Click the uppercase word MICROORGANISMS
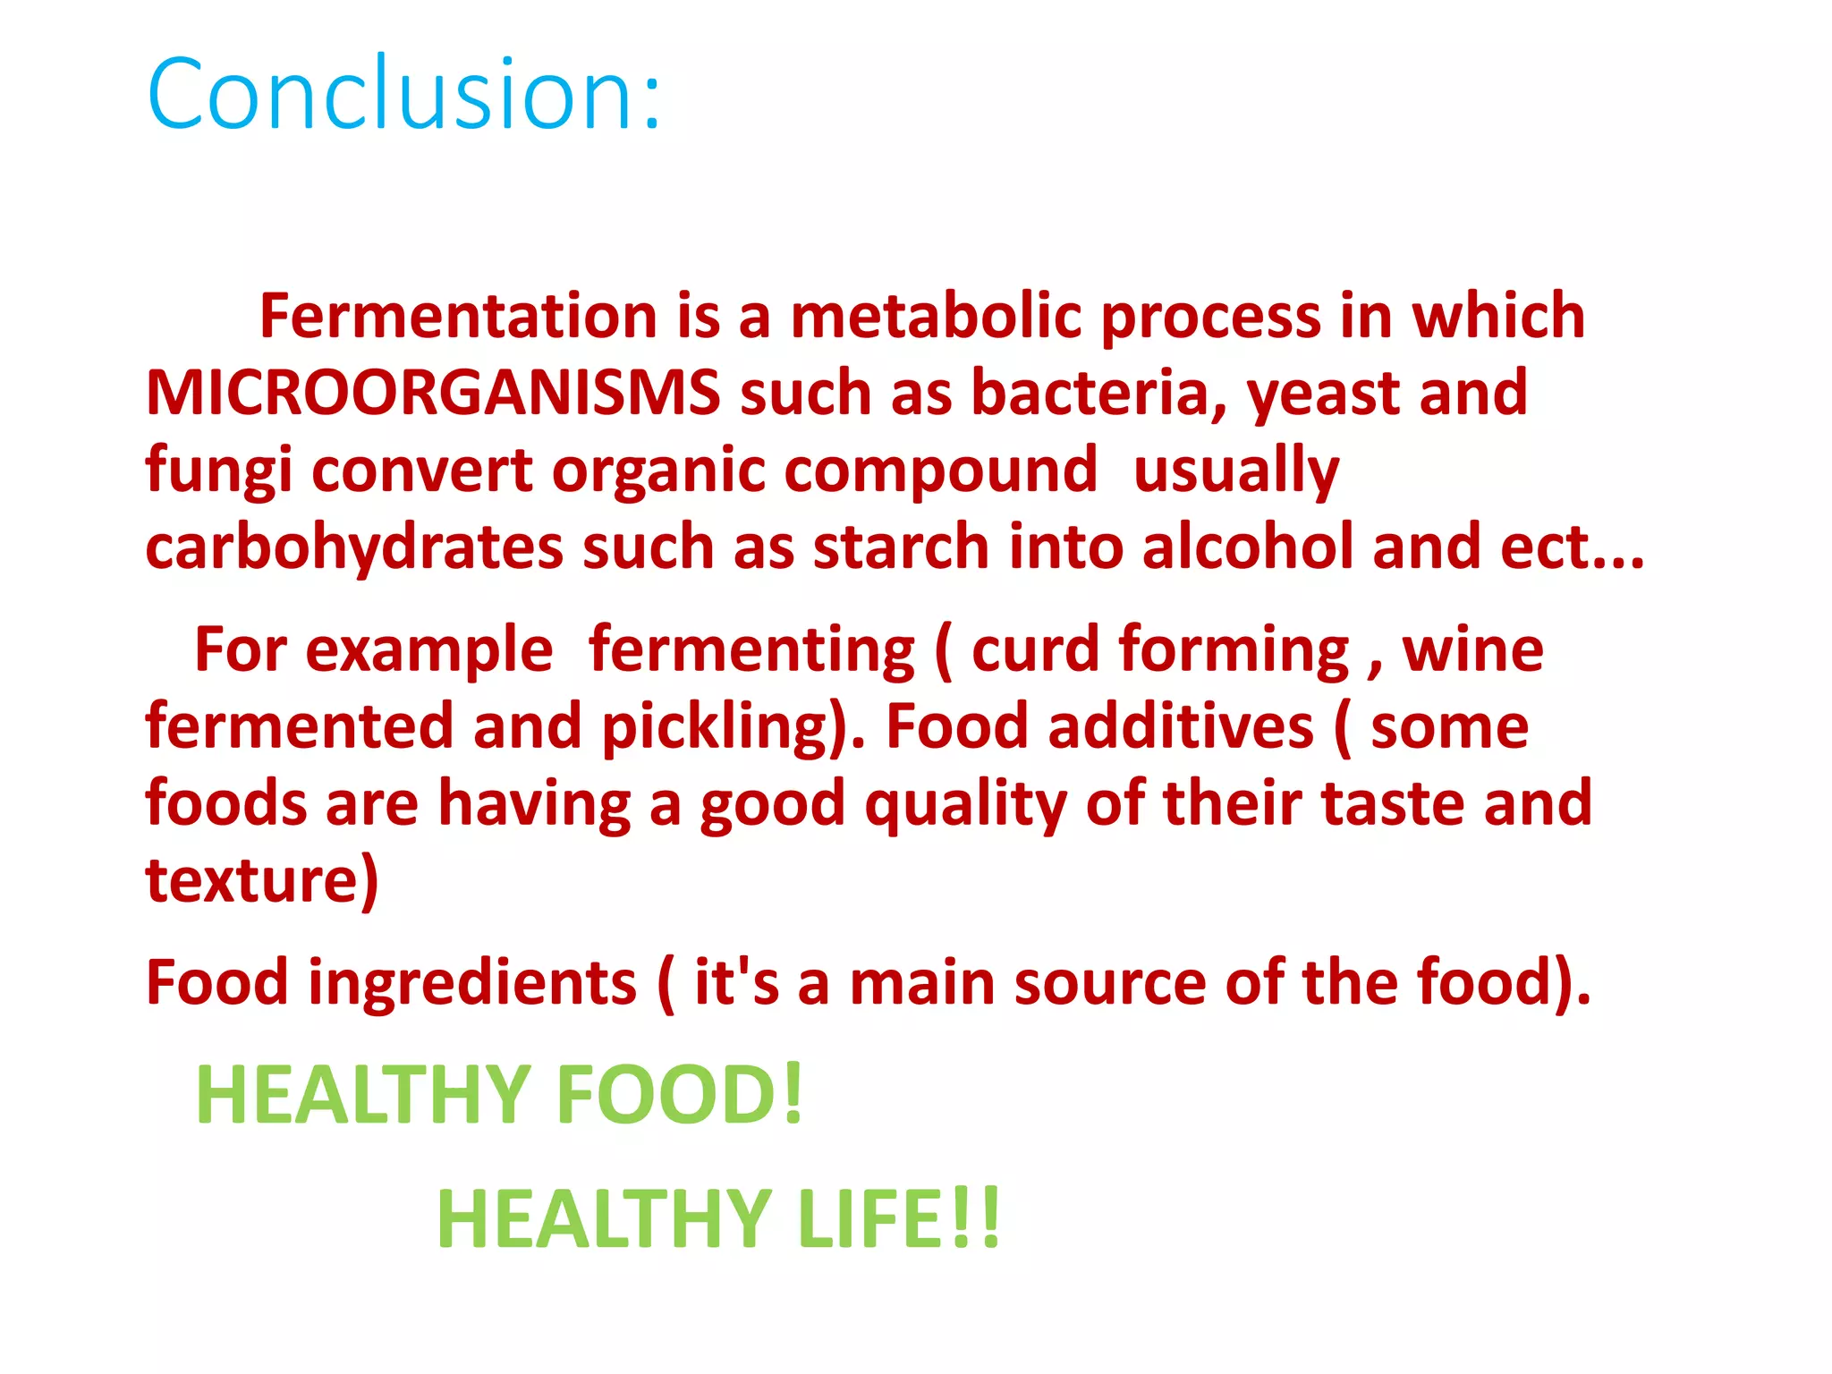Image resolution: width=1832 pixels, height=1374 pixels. (433, 393)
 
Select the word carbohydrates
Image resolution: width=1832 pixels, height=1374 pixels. (354, 547)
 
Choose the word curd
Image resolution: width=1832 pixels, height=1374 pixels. (1035, 649)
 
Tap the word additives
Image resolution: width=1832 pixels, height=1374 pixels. (1181, 726)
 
